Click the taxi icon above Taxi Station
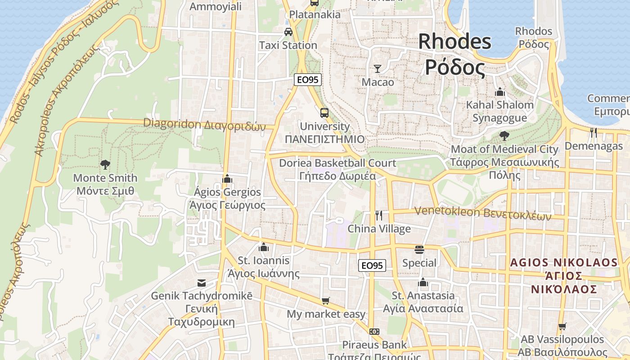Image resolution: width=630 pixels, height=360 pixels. [288, 32]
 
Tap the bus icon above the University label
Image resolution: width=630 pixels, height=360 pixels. [324, 112]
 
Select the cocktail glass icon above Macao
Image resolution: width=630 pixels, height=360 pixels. [378, 69]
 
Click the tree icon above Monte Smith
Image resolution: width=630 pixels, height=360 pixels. [105, 165]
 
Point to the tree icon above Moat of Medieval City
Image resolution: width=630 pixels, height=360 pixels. [504, 135]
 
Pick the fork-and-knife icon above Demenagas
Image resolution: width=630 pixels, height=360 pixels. [594, 132]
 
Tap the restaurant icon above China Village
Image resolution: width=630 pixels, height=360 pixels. [379, 216]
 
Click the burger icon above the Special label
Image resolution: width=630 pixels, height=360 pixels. [419, 250]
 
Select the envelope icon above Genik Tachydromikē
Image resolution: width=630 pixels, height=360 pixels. [201, 283]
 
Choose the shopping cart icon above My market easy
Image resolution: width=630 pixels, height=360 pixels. [325, 301]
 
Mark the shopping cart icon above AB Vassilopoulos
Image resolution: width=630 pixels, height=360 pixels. [562, 326]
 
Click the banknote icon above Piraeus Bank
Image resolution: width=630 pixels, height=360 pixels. [374, 332]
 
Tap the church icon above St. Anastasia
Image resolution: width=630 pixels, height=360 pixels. [423, 283]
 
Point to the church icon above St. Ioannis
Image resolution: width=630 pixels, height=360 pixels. [264, 247]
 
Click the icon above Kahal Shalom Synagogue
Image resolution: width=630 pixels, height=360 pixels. [499, 92]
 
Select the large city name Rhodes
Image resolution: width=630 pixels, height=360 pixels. [454, 42]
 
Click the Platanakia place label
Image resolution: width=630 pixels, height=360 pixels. [315, 14]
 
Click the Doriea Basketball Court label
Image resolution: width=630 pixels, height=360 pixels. [337, 163]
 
